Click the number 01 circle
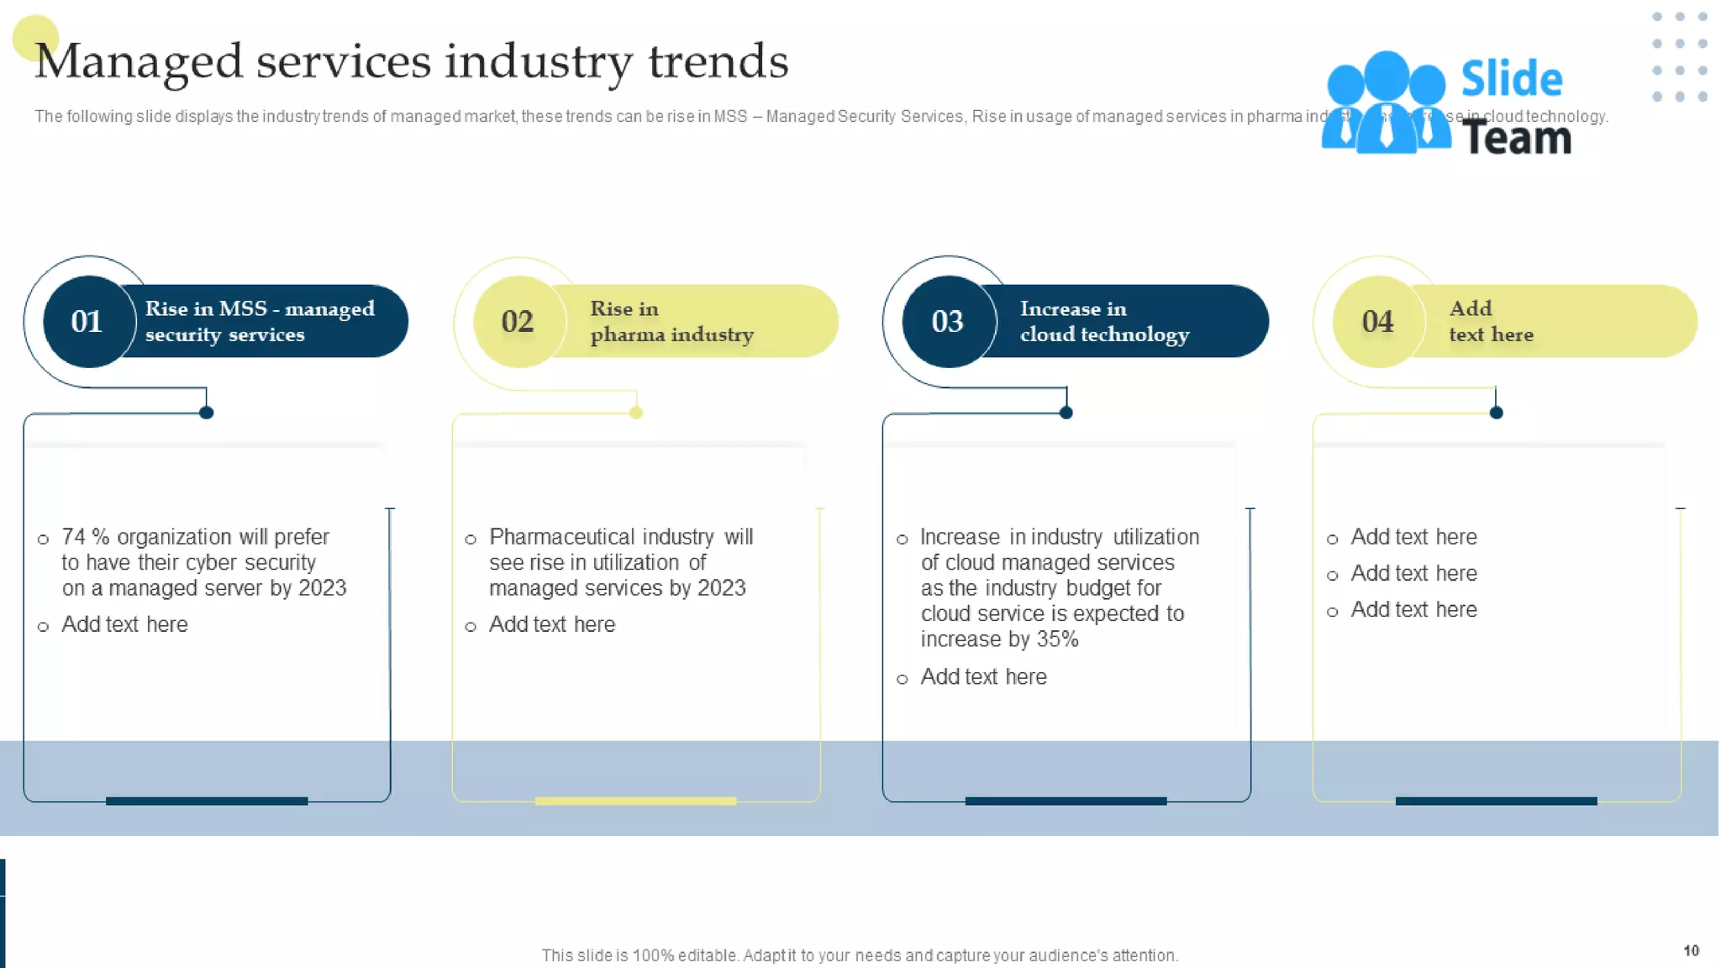pos(87,321)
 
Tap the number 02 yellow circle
pos(518,321)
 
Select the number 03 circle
pos(948,321)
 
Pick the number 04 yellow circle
pos(1378,321)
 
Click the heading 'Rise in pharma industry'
pos(671,322)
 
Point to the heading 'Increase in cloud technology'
pos(1103,322)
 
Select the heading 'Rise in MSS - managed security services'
pos(259,322)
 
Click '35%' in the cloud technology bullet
pos(1057,639)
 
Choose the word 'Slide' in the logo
pos(1511,80)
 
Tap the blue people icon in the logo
pos(1385,105)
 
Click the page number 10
pos(1691,950)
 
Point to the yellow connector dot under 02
pos(636,413)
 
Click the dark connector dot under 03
pos(1066,413)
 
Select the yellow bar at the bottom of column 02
pos(635,801)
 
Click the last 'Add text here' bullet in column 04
pos(1413,609)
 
